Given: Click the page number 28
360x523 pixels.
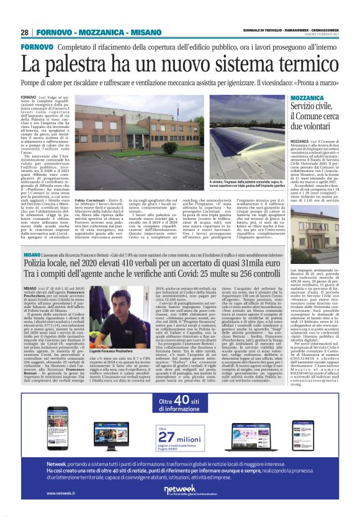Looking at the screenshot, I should pos(25,32).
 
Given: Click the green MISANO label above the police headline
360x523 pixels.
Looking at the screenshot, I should pos(32,238).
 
